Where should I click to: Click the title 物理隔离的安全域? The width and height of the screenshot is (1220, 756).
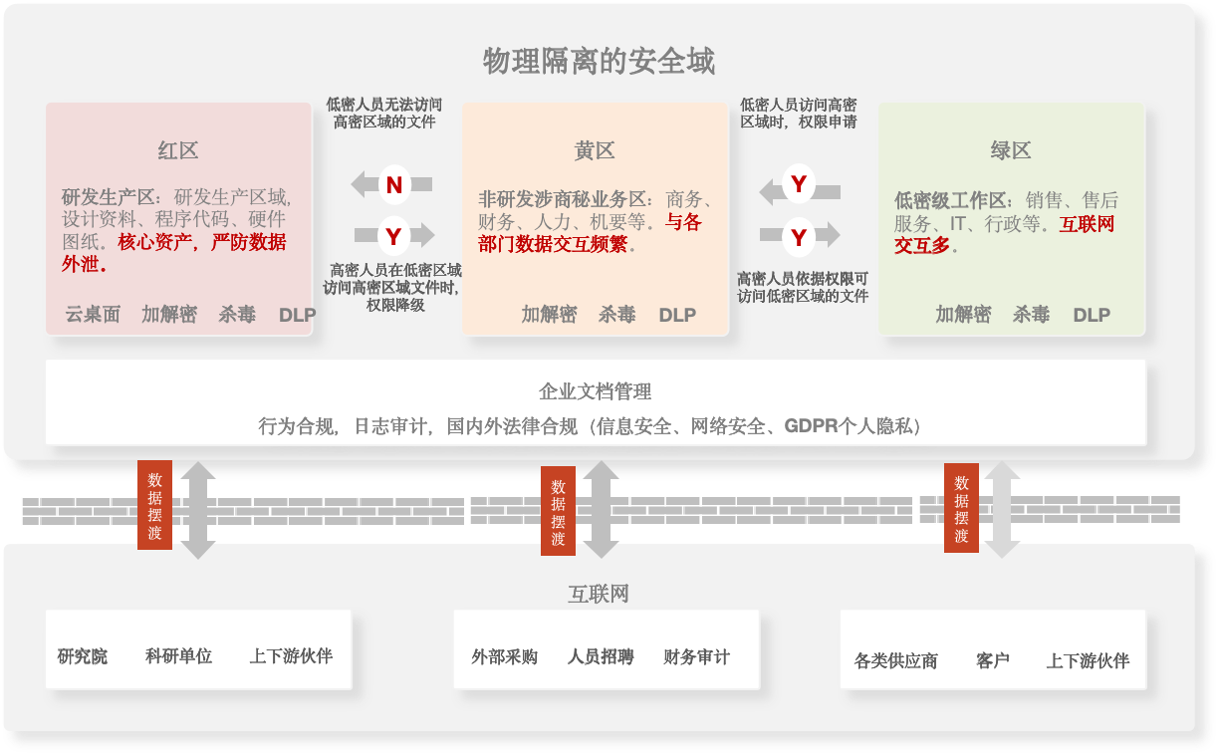click(599, 61)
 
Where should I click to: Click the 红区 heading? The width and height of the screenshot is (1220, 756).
click(178, 150)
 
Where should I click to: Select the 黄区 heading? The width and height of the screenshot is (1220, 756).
click(595, 150)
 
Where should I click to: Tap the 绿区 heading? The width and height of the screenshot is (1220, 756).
click(1011, 150)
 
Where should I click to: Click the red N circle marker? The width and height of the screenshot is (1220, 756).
click(394, 185)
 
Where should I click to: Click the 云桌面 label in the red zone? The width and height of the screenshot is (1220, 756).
click(93, 315)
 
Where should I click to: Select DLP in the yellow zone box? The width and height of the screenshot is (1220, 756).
click(677, 315)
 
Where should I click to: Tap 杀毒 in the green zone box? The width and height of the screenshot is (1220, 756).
click(1031, 315)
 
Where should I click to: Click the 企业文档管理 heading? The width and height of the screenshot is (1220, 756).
click(596, 391)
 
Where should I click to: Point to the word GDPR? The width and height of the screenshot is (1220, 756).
click(811, 426)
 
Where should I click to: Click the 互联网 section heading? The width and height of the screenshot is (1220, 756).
click(599, 594)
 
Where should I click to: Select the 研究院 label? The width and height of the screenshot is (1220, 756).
click(83, 656)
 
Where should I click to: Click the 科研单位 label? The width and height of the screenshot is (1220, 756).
click(178, 655)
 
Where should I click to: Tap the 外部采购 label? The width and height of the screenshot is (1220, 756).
click(505, 656)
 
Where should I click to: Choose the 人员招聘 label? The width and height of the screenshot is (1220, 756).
click(601, 656)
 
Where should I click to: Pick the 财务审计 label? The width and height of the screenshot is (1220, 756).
click(696, 656)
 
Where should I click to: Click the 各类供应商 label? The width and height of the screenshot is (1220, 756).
click(896, 660)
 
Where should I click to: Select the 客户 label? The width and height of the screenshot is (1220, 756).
click(993, 660)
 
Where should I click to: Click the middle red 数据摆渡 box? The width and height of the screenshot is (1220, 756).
click(558, 511)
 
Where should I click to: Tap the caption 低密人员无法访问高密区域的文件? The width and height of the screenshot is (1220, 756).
click(384, 113)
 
